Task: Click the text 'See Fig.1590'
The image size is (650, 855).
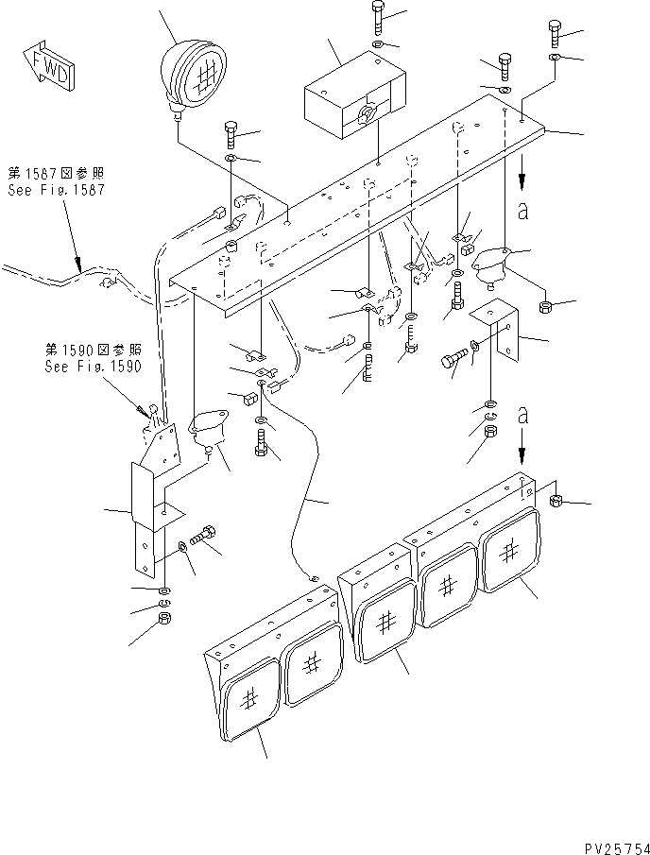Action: pos(89,367)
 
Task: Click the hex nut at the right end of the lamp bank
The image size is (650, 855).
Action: pos(556,501)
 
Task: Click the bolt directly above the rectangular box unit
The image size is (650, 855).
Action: pos(377,16)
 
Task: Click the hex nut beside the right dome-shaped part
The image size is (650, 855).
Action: pos(544,307)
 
